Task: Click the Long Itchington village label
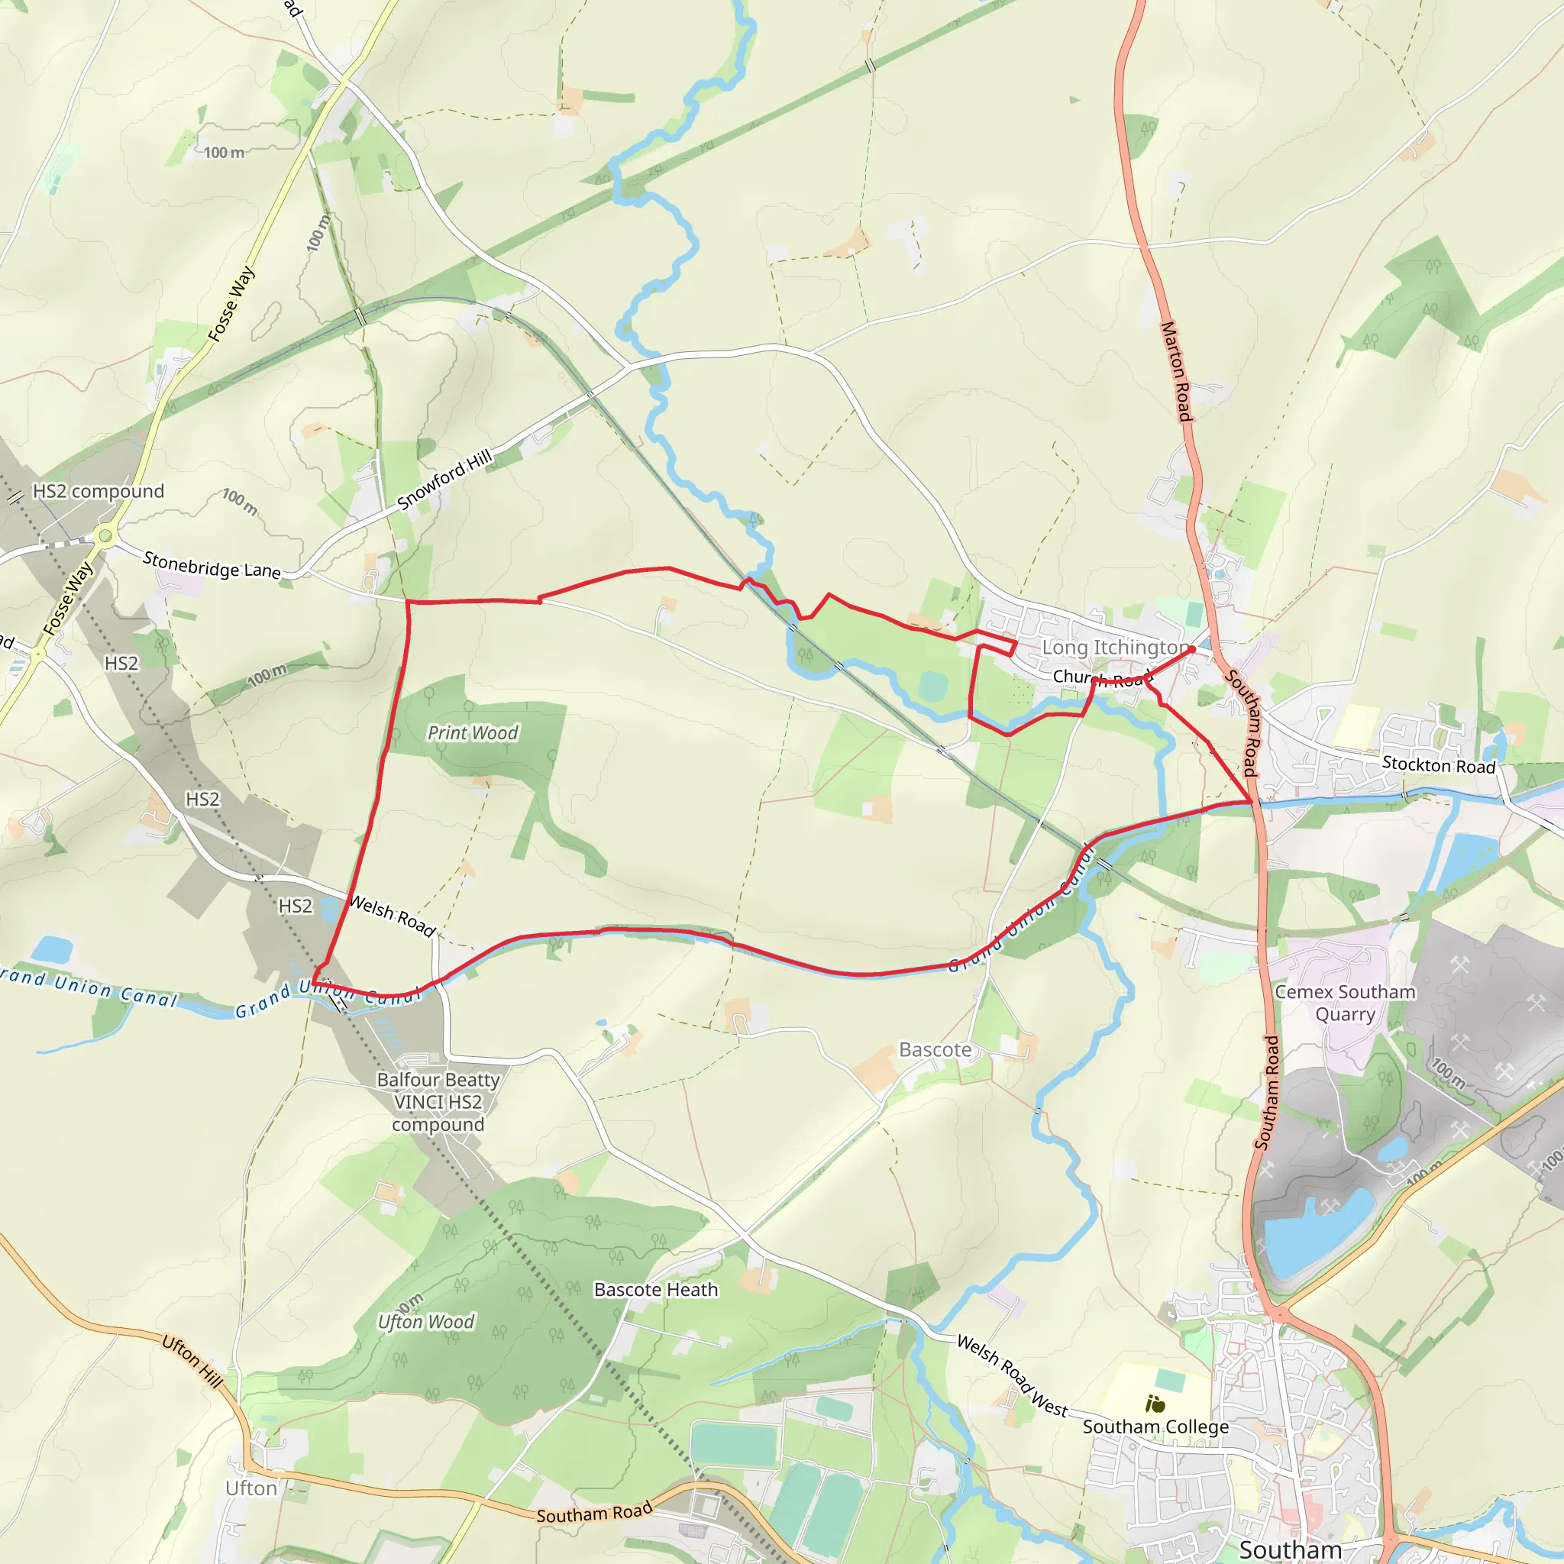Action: coord(1115,647)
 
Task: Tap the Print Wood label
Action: coord(473,732)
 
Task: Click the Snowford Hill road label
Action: coord(444,480)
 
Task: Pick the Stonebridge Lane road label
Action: coord(212,564)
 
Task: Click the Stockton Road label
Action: coord(1439,764)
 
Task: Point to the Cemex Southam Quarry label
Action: coord(1345,1003)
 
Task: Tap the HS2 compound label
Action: coord(98,491)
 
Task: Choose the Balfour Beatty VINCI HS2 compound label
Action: coord(438,1102)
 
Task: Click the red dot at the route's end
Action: coord(1191,649)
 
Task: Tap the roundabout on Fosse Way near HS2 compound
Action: coord(104,535)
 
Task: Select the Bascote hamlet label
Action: coord(935,1050)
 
